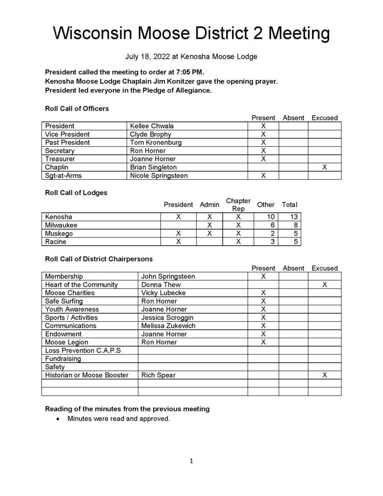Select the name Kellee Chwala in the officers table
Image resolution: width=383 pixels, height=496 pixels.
pyautogui.click(x=152, y=126)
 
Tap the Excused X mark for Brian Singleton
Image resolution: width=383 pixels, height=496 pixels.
pyautogui.click(x=324, y=167)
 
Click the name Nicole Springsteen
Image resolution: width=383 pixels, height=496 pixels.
pyautogui.click(x=159, y=175)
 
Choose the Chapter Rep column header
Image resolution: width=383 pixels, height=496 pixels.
pyautogui.click(x=238, y=204)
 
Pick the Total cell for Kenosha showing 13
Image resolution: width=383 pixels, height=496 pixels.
pyautogui.click(x=293, y=217)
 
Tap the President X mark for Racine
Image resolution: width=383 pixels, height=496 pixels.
pyautogui.click(x=178, y=242)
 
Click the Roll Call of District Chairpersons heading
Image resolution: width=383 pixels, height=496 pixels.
pyautogui.click(x=99, y=259)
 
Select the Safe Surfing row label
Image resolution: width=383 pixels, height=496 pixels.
pyautogui.click(x=63, y=301)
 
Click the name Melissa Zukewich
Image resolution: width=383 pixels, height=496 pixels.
pyautogui.click(x=169, y=326)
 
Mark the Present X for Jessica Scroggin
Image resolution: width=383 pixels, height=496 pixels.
pyautogui.click(x=263, y=318)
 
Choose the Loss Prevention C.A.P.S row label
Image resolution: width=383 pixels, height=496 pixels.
pyautogui.click(x=83, y=351)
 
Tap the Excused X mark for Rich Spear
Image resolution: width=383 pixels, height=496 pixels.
pyautogui.click(x=324, y=375)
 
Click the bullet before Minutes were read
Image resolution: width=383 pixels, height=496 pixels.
pyautogui.click(x=59, y=419)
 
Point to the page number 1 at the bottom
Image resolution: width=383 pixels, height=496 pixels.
pyautogui.click(x=191, y=462)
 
